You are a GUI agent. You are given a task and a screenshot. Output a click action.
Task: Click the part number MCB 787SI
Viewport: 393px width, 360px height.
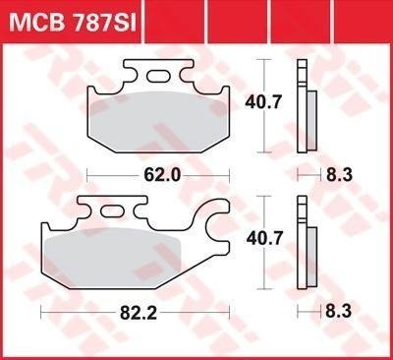click(72, 24)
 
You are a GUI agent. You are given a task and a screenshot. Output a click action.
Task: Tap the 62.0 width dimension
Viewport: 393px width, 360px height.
click(162, 175)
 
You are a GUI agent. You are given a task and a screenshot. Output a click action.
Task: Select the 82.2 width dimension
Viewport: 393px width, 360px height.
click(139, 313)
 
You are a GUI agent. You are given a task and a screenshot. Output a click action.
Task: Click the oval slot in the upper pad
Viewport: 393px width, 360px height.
click(158, 76)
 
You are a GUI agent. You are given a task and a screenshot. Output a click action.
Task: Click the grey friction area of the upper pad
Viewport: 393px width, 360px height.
click(158, 121)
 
